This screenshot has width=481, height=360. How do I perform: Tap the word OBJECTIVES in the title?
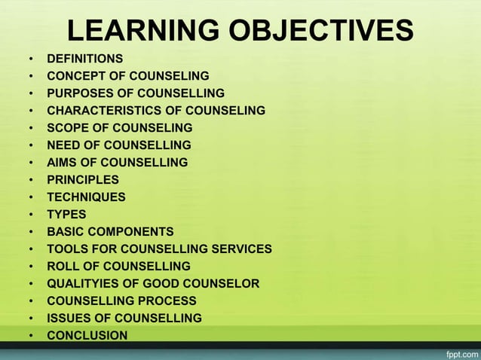click(x=314, y=31)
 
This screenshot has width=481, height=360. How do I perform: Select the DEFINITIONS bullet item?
click(x=84, y=58)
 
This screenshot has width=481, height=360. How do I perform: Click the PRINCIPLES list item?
click(x=82, y=180)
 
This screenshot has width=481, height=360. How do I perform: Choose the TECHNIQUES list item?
click(x=86, y=197)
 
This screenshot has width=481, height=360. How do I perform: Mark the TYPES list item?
click(x=66, y=215)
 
